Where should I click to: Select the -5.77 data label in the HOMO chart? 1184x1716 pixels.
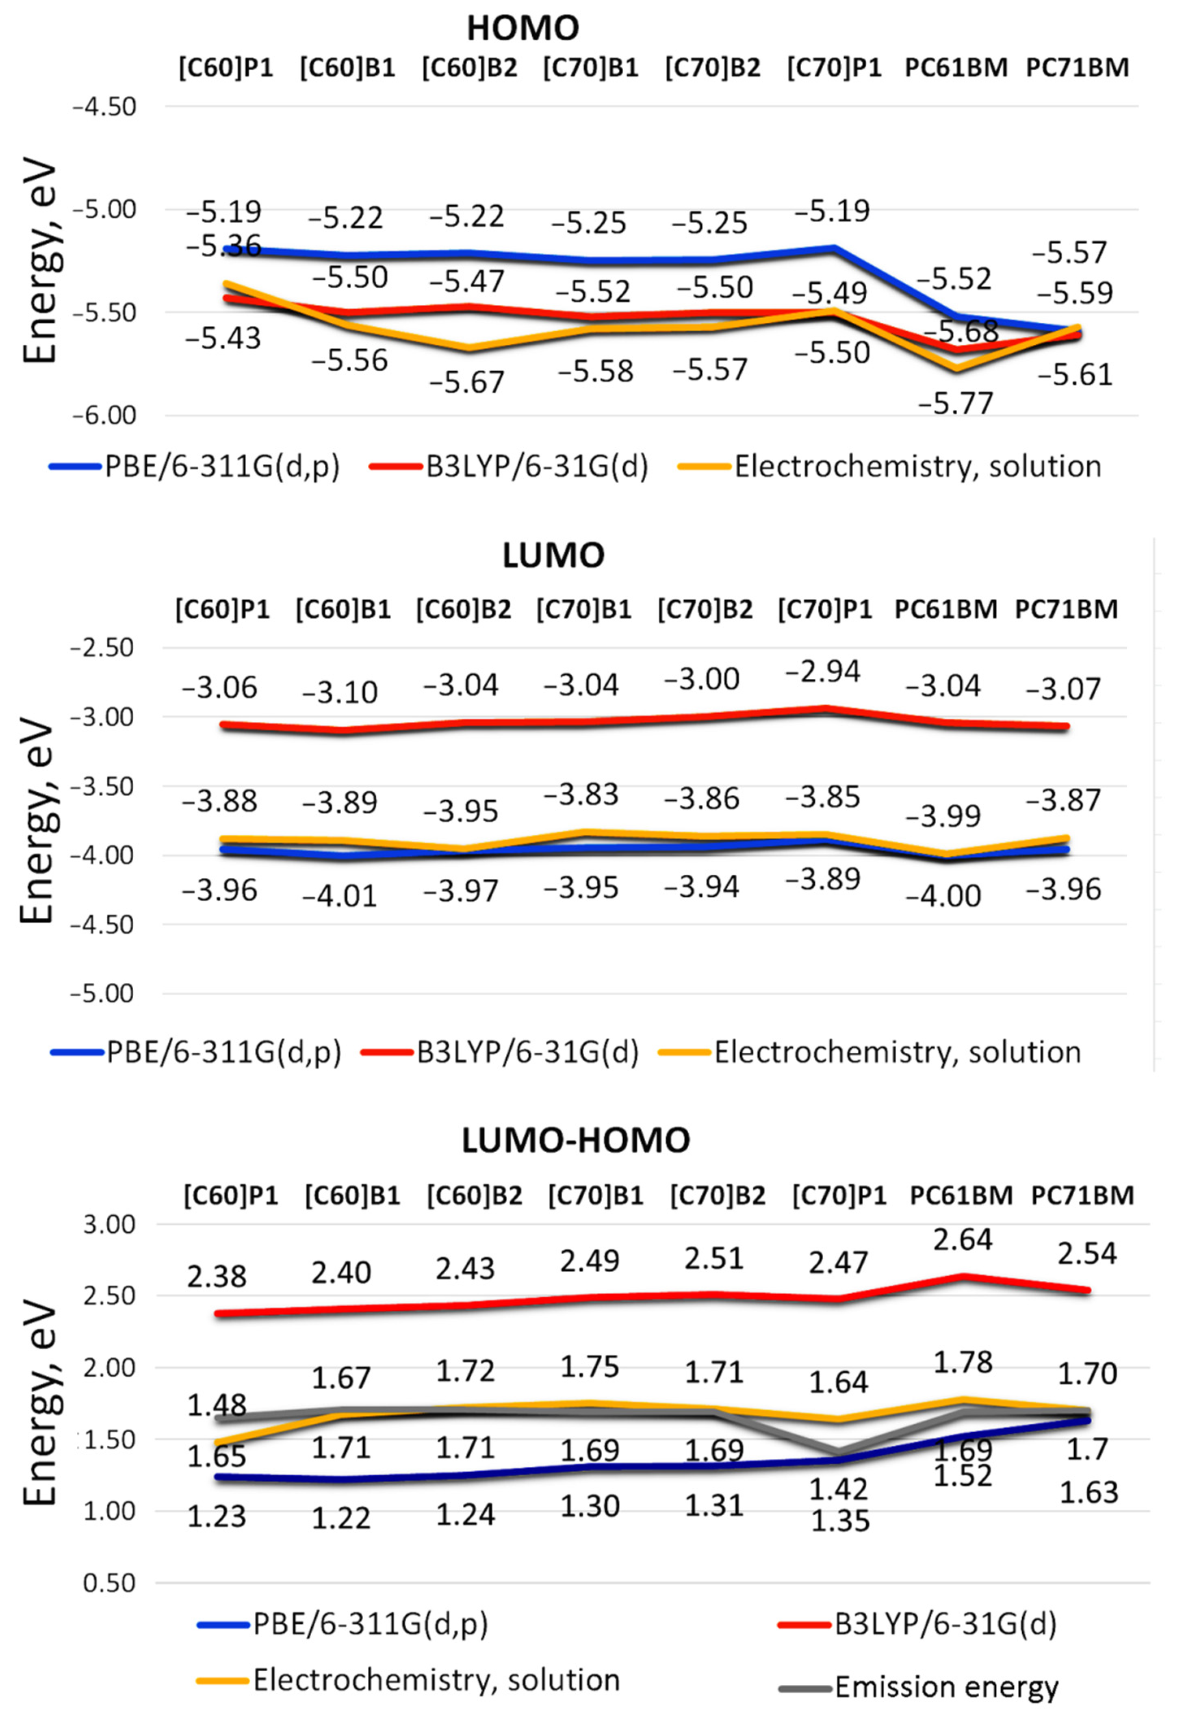click(x=955, y=404)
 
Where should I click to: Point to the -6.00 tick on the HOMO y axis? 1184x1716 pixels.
click(x=104, y=415)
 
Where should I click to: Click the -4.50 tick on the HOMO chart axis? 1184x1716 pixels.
click(x=104, y=107)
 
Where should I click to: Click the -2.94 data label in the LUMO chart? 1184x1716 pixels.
click(x=823, y=671)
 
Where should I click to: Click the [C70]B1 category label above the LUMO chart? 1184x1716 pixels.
click(x=584, y=610)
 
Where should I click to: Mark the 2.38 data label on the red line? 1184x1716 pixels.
click(x=217, y=1277)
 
